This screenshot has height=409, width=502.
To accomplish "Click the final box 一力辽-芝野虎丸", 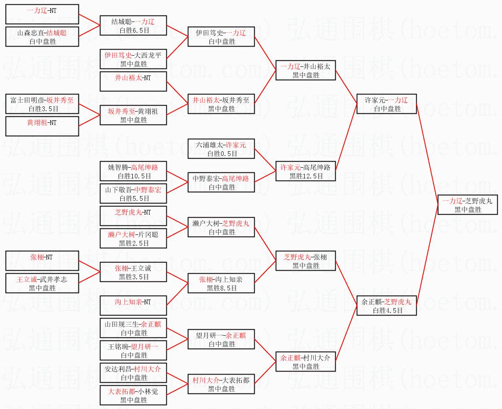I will (x=468, y=205).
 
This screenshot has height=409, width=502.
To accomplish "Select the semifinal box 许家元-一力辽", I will (x=386, y=104).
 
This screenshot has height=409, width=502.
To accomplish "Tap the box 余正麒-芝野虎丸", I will (x=386, y=306).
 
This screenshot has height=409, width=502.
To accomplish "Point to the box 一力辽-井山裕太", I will (x=306, y=70).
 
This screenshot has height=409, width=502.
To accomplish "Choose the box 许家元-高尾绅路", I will (x=306, y=171).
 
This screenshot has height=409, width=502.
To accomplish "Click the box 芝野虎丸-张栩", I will (x=306, y=261).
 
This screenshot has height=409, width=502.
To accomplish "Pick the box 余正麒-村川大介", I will (x=306, y=362).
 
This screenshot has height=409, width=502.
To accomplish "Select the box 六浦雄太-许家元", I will (x=221, y=149).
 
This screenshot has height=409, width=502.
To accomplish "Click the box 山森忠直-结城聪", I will (x=42, y=37).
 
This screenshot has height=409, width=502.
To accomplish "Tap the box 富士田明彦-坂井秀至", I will (x=42, y=104).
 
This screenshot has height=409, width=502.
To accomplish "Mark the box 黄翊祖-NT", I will (x=42, y=126).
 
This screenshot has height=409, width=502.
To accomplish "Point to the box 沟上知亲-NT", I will (x=133, y=306).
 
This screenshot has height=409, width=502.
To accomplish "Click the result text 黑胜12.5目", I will (x=306, y=176).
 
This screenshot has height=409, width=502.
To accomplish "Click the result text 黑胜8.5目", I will (x=221, y=288).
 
